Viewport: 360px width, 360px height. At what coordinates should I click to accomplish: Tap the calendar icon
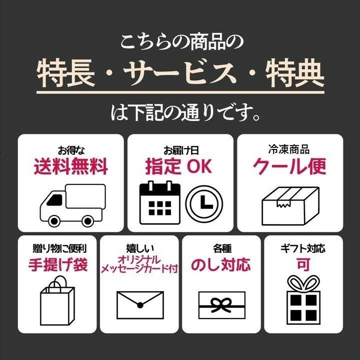point(160,202)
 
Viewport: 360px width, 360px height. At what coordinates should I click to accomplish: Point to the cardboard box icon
point(290,206)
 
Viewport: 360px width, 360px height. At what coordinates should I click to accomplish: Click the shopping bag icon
point(57,300)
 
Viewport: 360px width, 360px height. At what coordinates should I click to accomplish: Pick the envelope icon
point(140,305)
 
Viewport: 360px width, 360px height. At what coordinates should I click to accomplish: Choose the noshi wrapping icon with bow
point(222,305)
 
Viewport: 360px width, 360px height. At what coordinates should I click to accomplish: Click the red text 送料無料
point(71,166)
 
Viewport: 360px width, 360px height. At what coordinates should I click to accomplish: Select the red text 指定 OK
point(178,166)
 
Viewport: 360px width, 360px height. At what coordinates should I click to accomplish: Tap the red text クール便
point(289,166)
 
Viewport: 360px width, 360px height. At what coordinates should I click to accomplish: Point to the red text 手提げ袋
point(58,264)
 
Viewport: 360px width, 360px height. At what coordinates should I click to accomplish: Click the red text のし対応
point(221,264)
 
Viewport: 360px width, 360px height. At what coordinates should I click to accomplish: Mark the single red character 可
point(303,264)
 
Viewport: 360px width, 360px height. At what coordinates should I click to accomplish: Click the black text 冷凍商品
point(289,149)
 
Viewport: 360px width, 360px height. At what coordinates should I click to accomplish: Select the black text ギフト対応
point(303,248)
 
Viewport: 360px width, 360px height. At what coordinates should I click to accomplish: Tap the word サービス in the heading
point(180,72)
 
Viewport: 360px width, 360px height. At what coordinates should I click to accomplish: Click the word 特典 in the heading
point(295,72)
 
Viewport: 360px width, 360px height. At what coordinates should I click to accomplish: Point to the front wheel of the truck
point(54,221)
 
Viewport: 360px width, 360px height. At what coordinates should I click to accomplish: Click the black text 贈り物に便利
point(59,248)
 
